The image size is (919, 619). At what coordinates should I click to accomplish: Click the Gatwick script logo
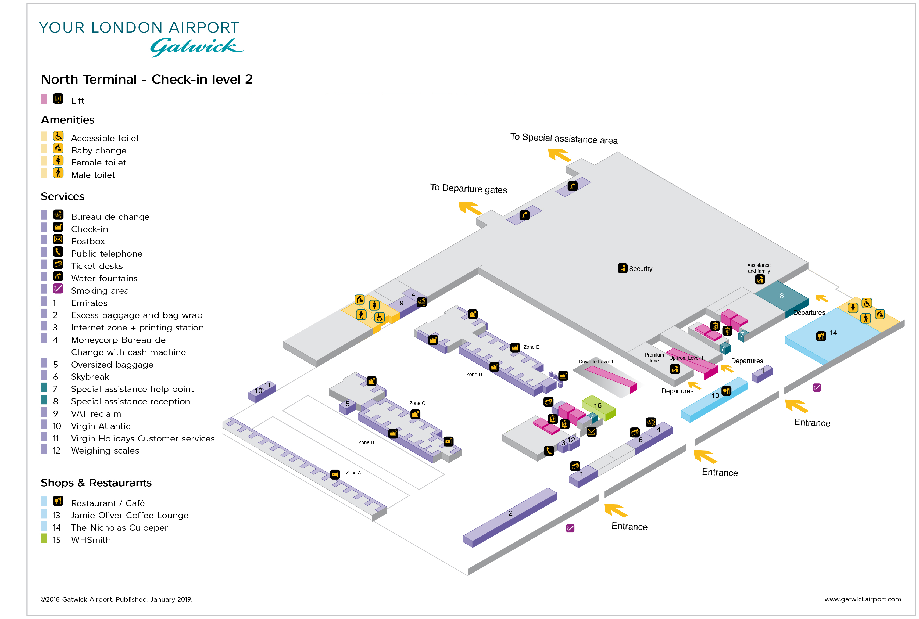[196, 47]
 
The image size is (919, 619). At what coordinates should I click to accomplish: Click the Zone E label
[531, 347]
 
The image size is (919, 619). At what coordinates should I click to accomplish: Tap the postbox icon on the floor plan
[591, 432]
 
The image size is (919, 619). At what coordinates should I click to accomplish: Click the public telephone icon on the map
[549, 451]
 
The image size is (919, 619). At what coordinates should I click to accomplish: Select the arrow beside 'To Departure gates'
[470, 208]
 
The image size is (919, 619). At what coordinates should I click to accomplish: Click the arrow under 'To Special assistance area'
[559, 155]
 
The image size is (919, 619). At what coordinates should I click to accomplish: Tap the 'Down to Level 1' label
[596, 362]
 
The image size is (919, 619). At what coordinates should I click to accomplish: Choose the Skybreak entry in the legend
[90, 377]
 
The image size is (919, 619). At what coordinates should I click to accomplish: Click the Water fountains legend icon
[58, 276]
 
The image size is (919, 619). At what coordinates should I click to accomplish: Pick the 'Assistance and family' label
[758, 268]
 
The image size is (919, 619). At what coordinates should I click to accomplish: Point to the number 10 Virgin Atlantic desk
[258, 391]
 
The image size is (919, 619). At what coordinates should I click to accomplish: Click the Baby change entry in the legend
[99, 151]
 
